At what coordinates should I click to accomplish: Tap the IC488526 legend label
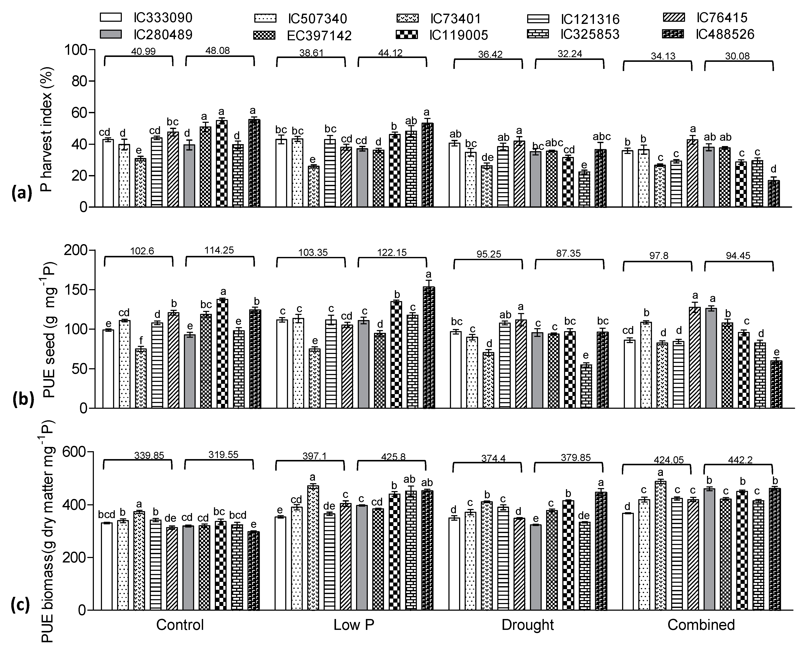(724, 34)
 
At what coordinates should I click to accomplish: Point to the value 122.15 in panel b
(391, 253)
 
